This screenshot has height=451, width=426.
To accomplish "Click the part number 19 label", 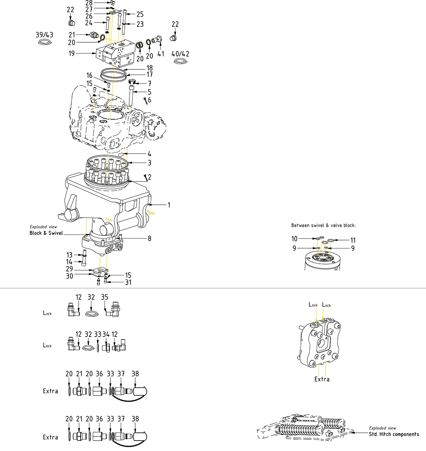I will point(72,54).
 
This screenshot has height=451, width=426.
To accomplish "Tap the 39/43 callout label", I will point(45,35).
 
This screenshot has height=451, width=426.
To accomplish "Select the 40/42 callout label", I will point(180,54).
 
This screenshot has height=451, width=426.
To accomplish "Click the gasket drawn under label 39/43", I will point(45,41).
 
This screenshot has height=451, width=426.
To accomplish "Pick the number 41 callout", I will point(161,54).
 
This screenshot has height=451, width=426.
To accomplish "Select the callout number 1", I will point(169,205).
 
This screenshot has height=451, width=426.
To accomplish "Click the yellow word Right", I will point(150,213).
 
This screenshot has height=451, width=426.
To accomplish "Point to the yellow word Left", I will point(109,219).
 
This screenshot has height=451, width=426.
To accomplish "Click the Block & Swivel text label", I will point(46,233).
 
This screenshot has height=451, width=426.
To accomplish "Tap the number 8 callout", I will point(149,238).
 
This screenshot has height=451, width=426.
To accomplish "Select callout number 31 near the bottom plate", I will point(128,282).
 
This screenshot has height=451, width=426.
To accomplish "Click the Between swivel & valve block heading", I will point(323,225).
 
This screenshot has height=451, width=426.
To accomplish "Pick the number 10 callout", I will point(294,239).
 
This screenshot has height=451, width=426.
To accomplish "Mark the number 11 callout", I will point(352,240).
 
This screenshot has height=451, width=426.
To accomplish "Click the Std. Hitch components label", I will point(393,434).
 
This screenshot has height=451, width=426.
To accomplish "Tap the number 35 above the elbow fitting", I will point(105,297).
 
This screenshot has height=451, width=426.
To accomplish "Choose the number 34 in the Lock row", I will point(106,334).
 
